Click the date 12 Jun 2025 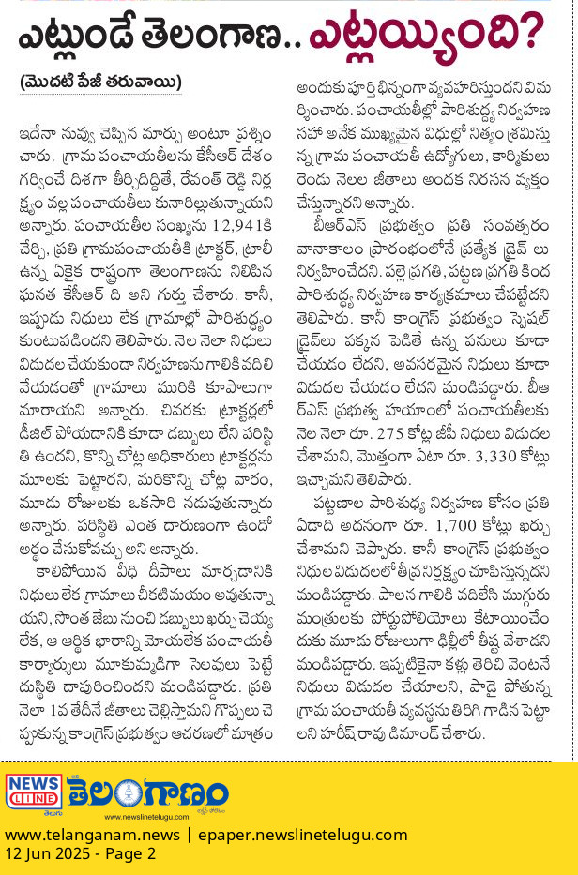[47, 854]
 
